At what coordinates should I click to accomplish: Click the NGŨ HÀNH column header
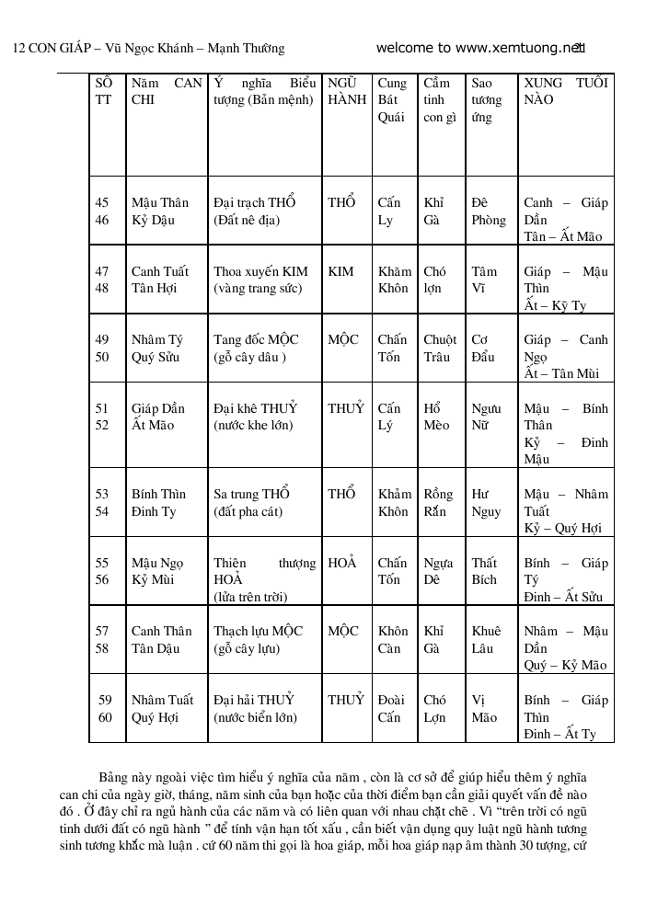(347, 91)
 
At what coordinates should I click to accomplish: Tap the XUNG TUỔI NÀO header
(565, 91)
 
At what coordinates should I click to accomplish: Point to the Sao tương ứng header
(487, 100)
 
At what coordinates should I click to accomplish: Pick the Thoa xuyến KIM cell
(260, 280)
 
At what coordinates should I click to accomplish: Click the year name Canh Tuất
(160, 271)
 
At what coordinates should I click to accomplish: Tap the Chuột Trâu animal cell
(440, 348)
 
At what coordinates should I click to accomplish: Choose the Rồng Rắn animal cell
(439, 502)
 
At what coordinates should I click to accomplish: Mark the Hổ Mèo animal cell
(437, 417)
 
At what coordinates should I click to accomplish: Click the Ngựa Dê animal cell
(439, 571)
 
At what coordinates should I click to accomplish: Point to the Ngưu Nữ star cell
(486, 417)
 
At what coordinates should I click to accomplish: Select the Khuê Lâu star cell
(486, 639)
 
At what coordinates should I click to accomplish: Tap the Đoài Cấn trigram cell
(391, 708)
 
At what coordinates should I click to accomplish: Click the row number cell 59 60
(105, 708)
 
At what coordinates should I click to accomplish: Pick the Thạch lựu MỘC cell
(259, 639)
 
